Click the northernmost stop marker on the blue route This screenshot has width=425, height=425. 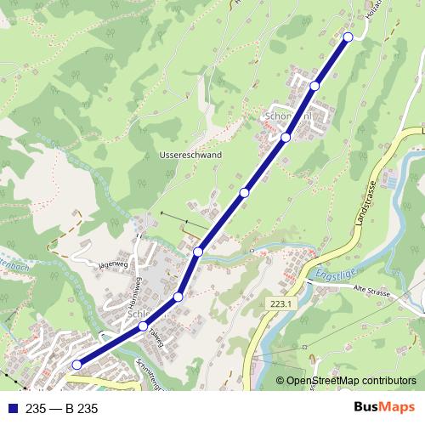click(x=348, y=37)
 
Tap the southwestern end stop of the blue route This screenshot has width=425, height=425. click(x=76, y=365)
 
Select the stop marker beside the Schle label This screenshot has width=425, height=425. click(x=144, y=326)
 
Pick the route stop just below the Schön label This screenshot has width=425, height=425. click(x=286, y=137)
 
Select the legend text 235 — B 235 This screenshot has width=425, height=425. click(x=62, y=409)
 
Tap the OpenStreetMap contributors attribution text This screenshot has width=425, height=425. click(x=350, y=381)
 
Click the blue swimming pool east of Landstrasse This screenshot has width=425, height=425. click(x=388, y=181)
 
